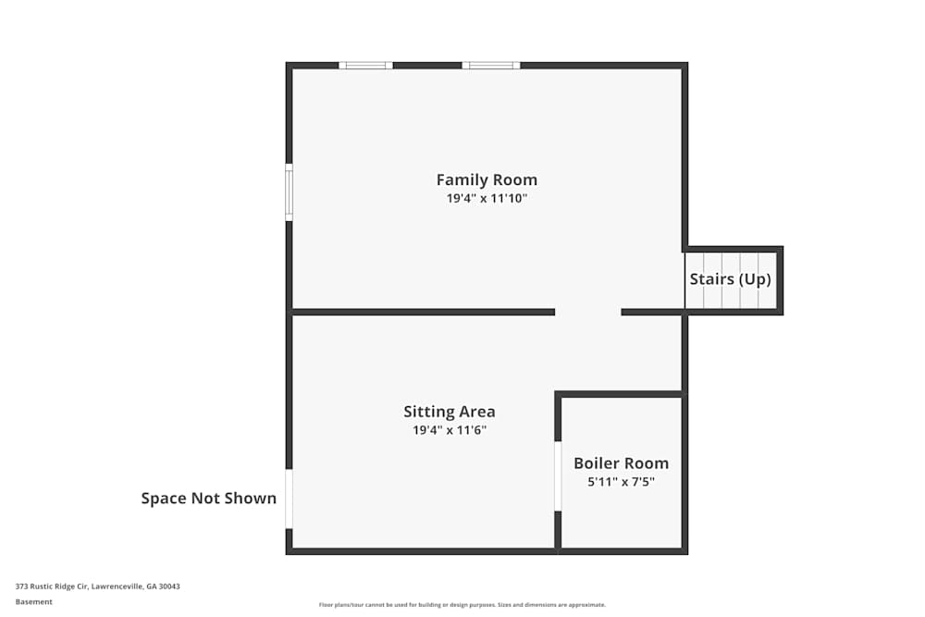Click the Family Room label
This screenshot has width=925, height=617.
point(487,179)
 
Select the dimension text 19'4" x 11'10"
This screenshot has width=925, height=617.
point(487,198)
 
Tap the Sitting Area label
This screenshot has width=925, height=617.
point(450,412)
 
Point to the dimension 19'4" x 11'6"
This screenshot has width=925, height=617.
point(450,430)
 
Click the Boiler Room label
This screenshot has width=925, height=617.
point(621,463)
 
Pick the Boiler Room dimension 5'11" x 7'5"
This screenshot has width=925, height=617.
point(621,482)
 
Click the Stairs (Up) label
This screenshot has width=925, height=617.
point(730,279)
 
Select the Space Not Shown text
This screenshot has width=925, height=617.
point(208,499)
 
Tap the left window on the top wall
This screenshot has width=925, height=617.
point(365,66)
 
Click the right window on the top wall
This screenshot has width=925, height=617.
point(490,66)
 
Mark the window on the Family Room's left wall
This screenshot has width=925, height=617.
point(289,192)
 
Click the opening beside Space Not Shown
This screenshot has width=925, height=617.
point(289,499)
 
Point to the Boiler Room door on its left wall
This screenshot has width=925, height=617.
point(558,476)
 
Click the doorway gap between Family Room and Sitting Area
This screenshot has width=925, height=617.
point(587,312)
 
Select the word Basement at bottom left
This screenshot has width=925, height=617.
point(34,601)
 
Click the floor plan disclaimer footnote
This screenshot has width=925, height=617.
point(462,605)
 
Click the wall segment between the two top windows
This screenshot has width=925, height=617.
point(427,66)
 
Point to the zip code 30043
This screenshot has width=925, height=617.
point(168,586)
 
